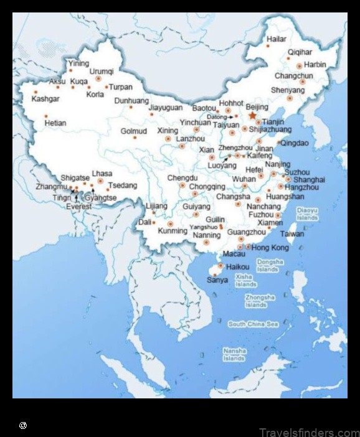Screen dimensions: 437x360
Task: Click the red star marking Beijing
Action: (252, 116)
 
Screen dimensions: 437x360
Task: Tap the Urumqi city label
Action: (102, 72)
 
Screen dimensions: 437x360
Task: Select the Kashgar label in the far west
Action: (45, 99)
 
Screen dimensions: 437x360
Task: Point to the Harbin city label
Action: (315, 64)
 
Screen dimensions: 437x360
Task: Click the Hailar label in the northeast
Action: (277, 39)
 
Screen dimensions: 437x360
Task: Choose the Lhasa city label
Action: (102, 173)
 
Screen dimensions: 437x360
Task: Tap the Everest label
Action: (79, 206)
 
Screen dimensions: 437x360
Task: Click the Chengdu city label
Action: (182, 178)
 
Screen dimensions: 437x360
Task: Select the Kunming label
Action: (173, 231)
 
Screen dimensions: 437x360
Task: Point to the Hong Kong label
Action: (270, 248)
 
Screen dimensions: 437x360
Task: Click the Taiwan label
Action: (292, 234)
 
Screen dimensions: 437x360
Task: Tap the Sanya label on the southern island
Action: (217, 280)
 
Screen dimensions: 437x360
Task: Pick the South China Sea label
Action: (253, 324)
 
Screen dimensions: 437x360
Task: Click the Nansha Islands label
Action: (234, 355)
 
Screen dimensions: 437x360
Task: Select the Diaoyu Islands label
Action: (308, 214)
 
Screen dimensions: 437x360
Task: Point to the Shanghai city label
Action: (310, 179)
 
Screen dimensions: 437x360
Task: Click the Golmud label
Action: (133, 131)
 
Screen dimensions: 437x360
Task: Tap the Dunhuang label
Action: (131, 100)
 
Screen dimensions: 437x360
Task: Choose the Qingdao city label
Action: (294, 143)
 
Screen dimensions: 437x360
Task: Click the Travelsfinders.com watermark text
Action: (309, 432)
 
